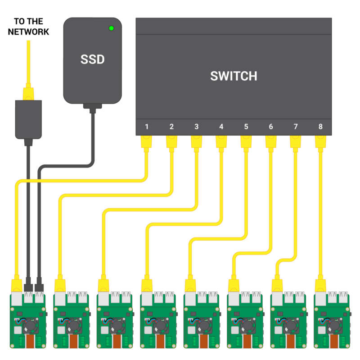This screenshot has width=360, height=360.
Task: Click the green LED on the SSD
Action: pyautogui.click(x=111, y=28)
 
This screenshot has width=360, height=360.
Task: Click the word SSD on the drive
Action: pyautogui.click(x=92, y=59)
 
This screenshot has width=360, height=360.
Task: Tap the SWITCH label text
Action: pyautogui.click(x=234, y=76)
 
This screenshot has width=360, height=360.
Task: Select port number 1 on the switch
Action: pyautogui.click(x=147, y=127)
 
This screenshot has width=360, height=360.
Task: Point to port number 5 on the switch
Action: pyautogui.click(x=246, y=127)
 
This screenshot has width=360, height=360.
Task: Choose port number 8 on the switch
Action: pyautogui.click(x=320, y=127)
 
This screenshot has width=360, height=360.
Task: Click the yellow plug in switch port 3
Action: pyautogui.click(x=196, y=142)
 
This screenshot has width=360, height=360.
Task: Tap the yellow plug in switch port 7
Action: pyautogui.click(x=296, y=142)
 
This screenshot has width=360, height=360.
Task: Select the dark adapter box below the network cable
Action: pyautogui.click(x=28, y=119)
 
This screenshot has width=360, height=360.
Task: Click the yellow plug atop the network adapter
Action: pyautogui.click(x=28, y=93)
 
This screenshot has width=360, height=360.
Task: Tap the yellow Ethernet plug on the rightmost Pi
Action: pyautogui.click(x=320, y=285)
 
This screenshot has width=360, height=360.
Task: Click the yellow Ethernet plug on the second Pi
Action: pyautogui.click(x=60, y=285)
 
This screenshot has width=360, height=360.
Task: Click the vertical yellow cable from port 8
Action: pyautogui.click(x=320, y=212)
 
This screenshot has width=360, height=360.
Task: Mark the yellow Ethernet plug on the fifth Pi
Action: pyautogui.click(x=190, y=285)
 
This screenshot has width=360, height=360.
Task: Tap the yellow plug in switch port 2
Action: pyautogui.click(x=171, y=142)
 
